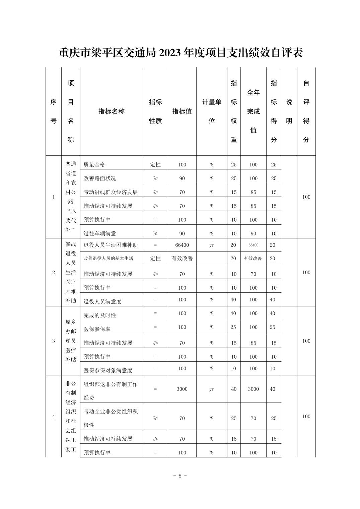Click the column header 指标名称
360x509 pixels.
(x=112, y=112)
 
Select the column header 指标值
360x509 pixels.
(x=182, y=112)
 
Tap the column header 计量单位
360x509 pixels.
(x=212, y=111)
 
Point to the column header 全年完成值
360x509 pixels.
(x=253, y=111)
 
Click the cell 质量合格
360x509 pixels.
(x=94, y=164)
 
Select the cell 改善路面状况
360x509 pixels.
(x=100, y=178)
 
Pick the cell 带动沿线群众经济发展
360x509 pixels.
(x=111, y=192)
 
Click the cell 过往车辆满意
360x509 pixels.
(x=100, y=233)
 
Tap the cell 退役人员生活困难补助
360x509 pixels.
(x=111, y=245)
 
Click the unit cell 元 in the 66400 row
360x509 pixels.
(x=212, y=245)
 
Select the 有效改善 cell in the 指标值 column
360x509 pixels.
(x=182, y=259)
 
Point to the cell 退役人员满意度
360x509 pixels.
(x=102, y=301)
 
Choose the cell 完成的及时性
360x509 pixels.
(x=100, y=315)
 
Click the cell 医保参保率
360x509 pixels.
(x=97, y=329)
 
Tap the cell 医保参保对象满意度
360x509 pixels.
(x=108, y=370)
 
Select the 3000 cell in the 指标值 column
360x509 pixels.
(x=182, y=389)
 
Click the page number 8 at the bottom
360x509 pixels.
(x=180, y=476)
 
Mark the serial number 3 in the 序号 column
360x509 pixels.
(x=54, y=341)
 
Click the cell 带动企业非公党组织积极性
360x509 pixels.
(x=111, y=418)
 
